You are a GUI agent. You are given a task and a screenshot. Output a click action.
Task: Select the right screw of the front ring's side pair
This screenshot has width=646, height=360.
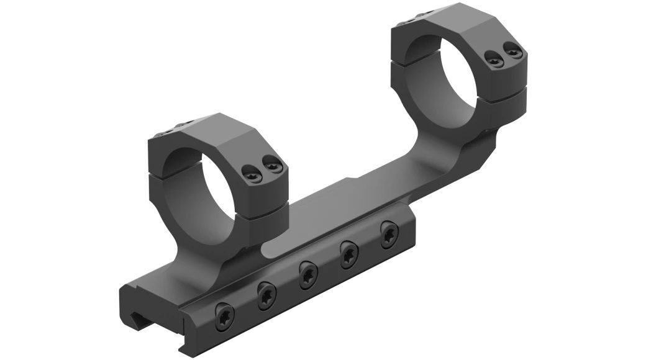pyautogui.click(x=270, y=164)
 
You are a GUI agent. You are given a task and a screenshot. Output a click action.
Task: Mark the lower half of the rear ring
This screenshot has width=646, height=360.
pyautogui.click(x=503, y=112)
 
